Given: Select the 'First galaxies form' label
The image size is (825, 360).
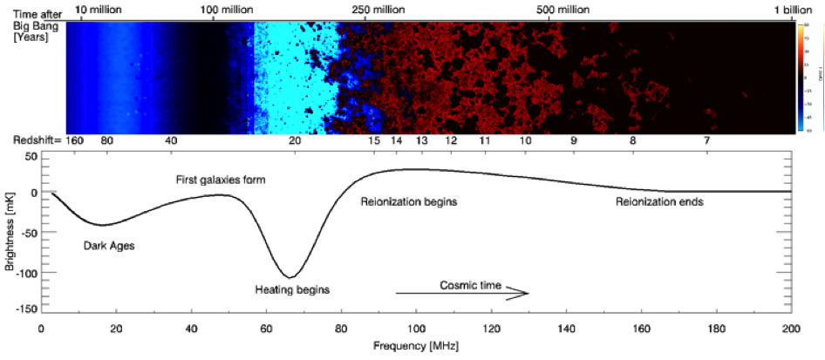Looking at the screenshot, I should tap(216, 180).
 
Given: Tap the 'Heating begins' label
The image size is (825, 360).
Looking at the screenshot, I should tap(292, 289).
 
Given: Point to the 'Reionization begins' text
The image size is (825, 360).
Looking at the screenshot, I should tap(409, 202).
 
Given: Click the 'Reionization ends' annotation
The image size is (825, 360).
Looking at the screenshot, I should tap(659, 202).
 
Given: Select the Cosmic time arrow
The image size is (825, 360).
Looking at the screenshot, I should tap(462, 294).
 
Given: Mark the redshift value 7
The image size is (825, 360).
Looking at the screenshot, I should tap(707, 140).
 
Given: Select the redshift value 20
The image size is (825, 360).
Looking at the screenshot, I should tap(295, 140).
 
